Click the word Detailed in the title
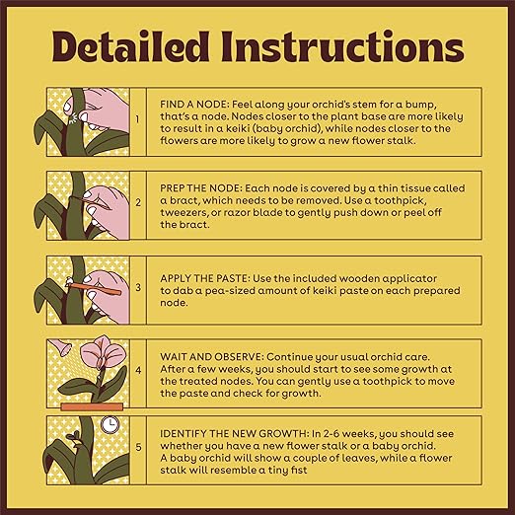pyautogui.click(x=130, y=46)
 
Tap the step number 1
pyautogui.click(x=137, y=119)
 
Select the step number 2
pyautogui.click(x=138, y=202)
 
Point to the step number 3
pyautogui.click(x=138, y=287)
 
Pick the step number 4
pyautogui.click(x=138, y=370)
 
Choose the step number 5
pyautogui.click(x=138, y=447)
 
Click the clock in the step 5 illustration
pyautogui.click(x=110, y=424)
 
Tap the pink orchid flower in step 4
pyautogui.click(x=103, y=352)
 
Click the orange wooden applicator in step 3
pyautogui.click(x=94, y=288)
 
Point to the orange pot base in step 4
pyautogui.click(x=92, y=407)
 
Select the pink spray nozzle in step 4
pyautogui.click(x=61, y=346)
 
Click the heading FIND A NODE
pyautogui.click(x=194, y=105)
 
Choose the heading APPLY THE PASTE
pyautogui.click(x=205, y=278)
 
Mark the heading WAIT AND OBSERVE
pyautogui.click(x=212, y=357)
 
